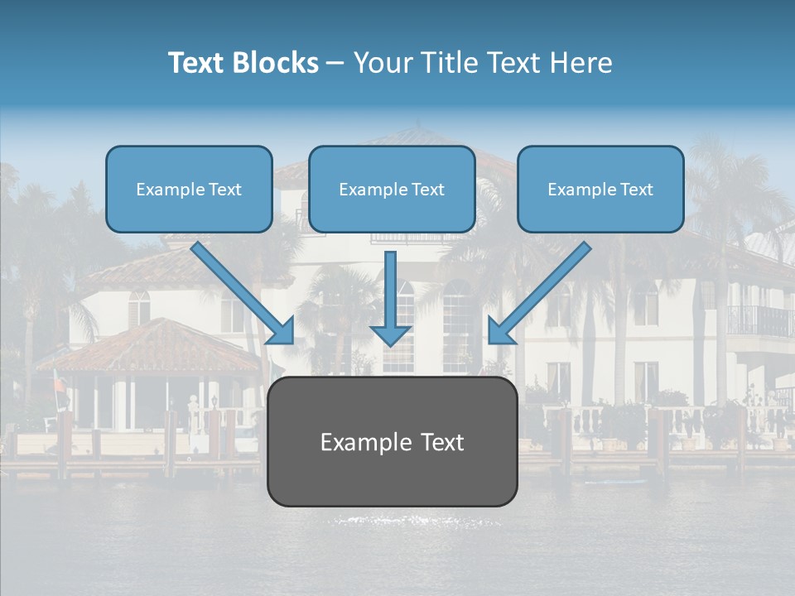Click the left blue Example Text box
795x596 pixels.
[189, 190]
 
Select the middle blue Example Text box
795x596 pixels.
[392, 190]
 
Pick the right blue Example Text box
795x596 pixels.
[600, 190]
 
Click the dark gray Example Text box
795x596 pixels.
[392, 442]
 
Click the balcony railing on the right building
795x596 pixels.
[759, 320]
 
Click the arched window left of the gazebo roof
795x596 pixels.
[139, 308]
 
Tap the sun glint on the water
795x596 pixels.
[414, 521]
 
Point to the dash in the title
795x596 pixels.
[335, 63]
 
